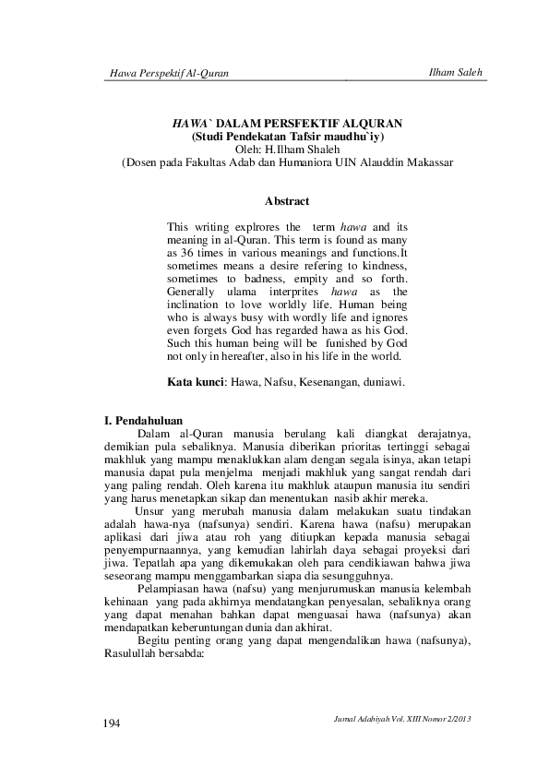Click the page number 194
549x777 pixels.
tap(112, 723)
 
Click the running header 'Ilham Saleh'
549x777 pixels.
tap(457, 72)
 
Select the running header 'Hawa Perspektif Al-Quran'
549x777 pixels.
tap(168, 73)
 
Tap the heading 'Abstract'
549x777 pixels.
tap(286, 200)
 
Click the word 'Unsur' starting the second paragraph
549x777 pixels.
tap(151, 512)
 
